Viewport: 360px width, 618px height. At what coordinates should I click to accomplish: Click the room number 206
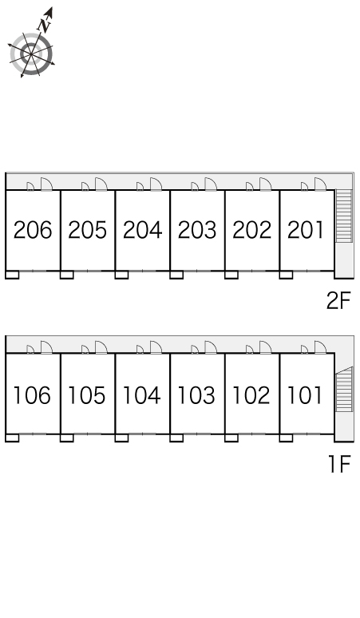point(33,230)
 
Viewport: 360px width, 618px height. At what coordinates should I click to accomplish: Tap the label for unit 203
point(197,230)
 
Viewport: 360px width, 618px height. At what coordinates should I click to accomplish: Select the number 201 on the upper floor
point(306,230)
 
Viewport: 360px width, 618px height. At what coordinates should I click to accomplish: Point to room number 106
point(32,395)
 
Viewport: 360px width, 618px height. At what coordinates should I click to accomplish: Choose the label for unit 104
point(142,395)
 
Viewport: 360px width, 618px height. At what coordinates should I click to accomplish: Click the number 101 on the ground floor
point(305,395)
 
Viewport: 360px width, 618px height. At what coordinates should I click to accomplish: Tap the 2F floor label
point(338,301)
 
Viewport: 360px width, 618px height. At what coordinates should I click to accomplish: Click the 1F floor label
point(339,464)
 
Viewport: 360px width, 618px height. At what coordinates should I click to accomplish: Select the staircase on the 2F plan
point(343,216)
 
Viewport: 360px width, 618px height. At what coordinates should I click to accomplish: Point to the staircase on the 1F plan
point(343,390)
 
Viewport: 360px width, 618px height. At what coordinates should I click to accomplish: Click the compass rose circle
point(31,54)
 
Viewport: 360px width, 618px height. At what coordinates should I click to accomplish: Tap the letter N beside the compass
point(45,26)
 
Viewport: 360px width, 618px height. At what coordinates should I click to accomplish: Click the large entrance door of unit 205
point(101,184)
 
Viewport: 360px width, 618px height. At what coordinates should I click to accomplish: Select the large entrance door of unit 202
point(266,184)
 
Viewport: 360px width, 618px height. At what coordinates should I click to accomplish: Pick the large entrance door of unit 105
point(101,347)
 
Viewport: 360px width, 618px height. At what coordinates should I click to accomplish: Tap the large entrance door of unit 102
point(266,347)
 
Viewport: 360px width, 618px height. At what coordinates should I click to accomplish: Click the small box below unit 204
point(121,275)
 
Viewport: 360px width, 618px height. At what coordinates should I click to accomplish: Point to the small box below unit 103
point(176,438)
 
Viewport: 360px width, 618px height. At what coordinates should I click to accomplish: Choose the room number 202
point(251,230)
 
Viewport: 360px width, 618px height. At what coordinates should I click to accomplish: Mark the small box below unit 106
point(12,438)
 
